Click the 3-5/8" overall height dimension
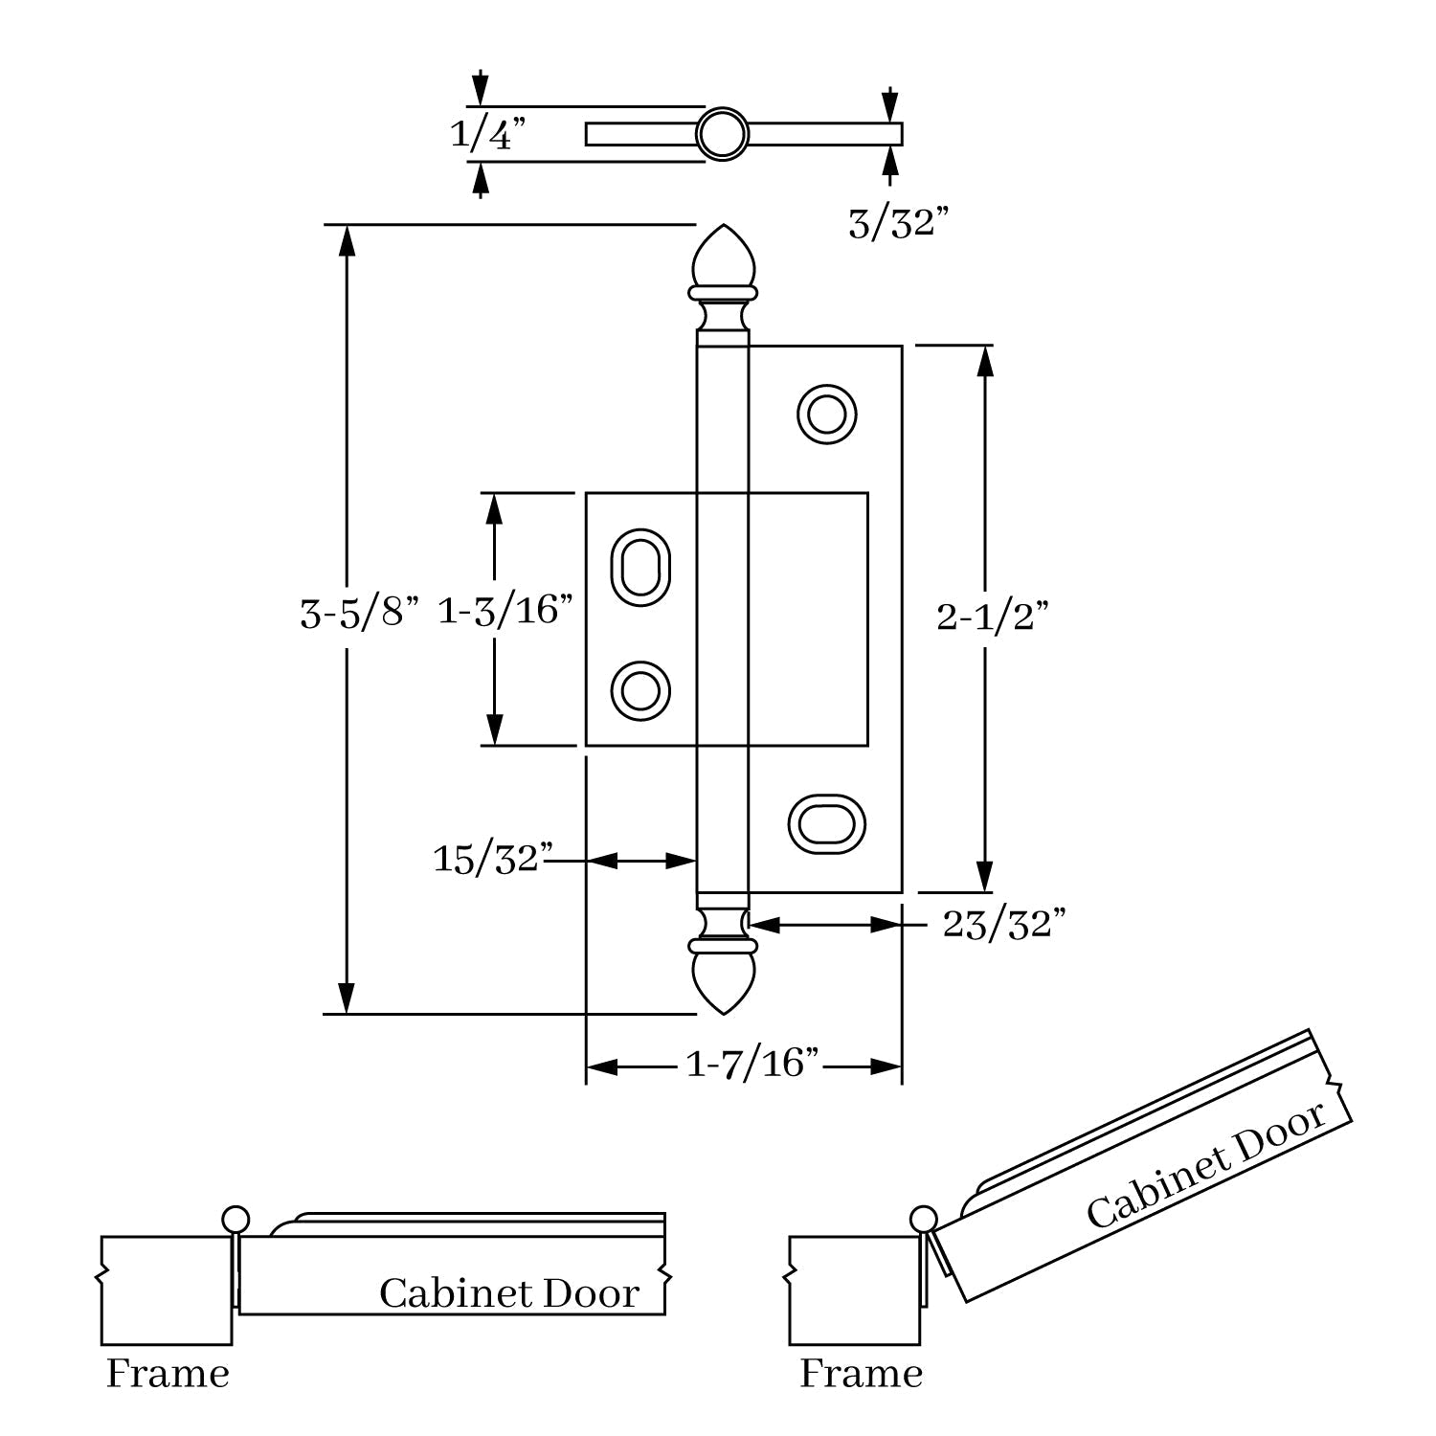pyautogui.click(x=360, y=613)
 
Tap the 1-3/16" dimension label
pyautogui.click(x=505, y=610)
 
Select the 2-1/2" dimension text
pyautogui.click(x=993, y=617)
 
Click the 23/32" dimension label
pyautogui.click(x=1004, y=925)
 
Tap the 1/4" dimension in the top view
pyautogui.click(x=488, y=134)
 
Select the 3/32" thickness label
pyautogui.click(x=898, y=224)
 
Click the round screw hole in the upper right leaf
pyautogui.click(x=826, y=415)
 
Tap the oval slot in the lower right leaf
pyautogui.click(x=825, y=822)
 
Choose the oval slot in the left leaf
pyautogui.click(x=639, y=567)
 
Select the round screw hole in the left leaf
pyautogui.click(x=639, y=690)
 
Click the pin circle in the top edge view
pyautogui.click(x=722, y=134)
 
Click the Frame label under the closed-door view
pyautogui.click(x=168, y=1374)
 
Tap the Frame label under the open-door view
pyautogui.click(x=861, y=1374)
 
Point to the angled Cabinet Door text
pyautogui.click(x=1206, y=1165)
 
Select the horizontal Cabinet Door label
pyautogui.click(x=508, y=1293)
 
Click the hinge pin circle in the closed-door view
pyautogui.click(x=235, y=1220)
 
